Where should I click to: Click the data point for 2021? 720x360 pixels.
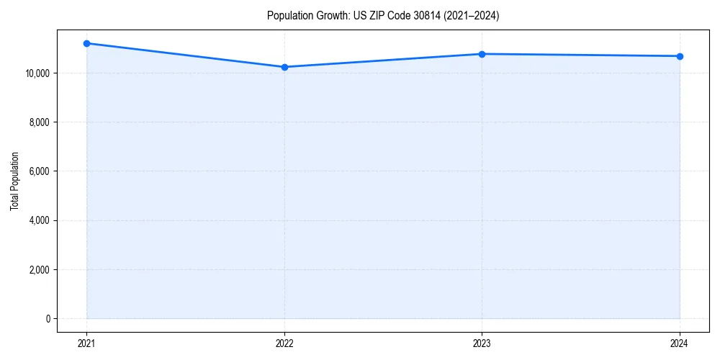[86, 43]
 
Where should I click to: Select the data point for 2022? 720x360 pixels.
[284, 67]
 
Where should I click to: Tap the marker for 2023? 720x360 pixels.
[482, 54]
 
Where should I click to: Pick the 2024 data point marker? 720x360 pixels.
[680, 56]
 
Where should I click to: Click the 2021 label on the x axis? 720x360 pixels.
[86, 343]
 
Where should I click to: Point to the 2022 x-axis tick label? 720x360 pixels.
[284, 343]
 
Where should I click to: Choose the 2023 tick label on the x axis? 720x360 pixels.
[482, 343]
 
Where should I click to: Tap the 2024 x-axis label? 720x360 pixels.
[680, 343]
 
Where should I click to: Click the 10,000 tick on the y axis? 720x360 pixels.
[36, 73]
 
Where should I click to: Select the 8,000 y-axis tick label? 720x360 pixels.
[38, 122]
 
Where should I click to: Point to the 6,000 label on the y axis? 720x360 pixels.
[38, 171]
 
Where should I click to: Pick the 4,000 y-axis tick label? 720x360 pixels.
[38, 220]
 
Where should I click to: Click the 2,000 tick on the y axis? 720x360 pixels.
[38, 269]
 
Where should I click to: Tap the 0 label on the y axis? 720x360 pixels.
[47, 318]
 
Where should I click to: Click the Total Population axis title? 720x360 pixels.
[14, 181]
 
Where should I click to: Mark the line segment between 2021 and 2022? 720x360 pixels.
[185, 55]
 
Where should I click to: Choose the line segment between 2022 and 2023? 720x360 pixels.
[383, 60]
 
